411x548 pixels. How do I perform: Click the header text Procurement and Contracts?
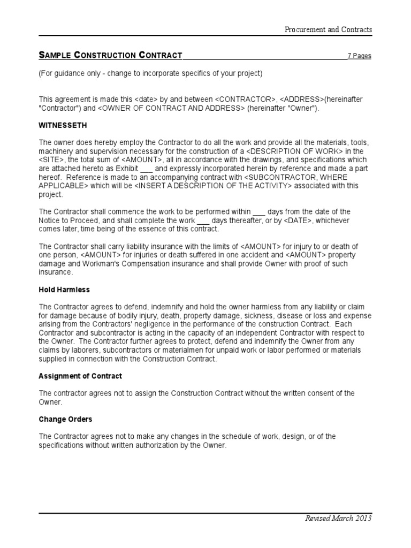(x=328, y=29)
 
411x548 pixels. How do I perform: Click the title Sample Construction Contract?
(x=110, y=55)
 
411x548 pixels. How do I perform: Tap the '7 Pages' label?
(x=359, y=56)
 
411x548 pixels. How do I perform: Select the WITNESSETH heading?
(x=63, y=125)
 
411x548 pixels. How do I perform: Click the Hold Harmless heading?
(x=64, y=290)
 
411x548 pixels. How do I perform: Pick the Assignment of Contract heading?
(x=80, y=376)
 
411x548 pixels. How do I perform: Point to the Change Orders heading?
(x=65, y=419)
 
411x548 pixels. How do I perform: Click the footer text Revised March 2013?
(x=338, y=518)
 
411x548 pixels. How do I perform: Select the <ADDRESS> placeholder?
(x=301, y=100)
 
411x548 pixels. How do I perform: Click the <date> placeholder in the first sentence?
(x=145, y=100)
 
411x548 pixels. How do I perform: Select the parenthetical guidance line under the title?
(x=150, y=73)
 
